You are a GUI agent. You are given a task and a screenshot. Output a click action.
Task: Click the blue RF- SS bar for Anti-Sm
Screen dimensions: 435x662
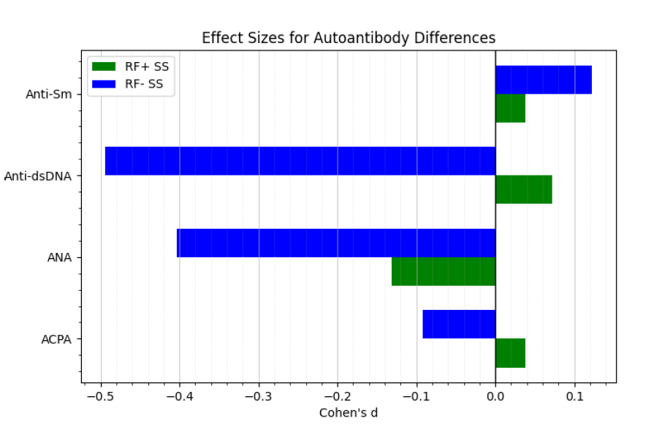(x=544, y=80)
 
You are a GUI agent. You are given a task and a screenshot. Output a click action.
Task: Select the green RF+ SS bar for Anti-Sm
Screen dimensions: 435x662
(x=510, y=108)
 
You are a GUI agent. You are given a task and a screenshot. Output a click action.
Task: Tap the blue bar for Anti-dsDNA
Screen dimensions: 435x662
(x=300, y=161)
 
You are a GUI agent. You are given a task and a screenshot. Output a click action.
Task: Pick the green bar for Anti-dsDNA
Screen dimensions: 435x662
(x=523, y=189)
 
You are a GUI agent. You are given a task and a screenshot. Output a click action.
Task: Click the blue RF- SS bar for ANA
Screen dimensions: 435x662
(x=336, y=243)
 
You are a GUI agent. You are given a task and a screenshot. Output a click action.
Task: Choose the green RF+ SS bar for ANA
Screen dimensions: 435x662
(x=444, y=271)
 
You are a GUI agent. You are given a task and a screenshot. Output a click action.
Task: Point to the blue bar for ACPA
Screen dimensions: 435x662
(x=459, y=324)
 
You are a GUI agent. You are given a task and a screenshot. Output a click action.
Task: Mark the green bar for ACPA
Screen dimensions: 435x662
(x=510, y=353)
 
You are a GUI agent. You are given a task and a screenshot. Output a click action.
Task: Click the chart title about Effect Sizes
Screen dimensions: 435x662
(x=349, y=38)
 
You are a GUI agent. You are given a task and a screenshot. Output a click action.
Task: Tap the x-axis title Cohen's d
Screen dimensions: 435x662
(x=349, y=413)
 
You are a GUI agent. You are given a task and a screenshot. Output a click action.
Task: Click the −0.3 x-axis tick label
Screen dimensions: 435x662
(x=258, y=397)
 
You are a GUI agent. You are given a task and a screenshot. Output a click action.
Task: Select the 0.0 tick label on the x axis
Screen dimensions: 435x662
(x=495, y=397)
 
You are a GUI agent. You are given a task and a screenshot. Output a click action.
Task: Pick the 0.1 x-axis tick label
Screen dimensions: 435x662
(x=574, y=397)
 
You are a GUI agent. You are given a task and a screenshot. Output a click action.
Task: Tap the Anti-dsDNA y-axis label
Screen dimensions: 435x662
(x=42, y=176)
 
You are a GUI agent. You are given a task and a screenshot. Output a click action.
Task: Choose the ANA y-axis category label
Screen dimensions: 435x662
(x=58, y=257)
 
